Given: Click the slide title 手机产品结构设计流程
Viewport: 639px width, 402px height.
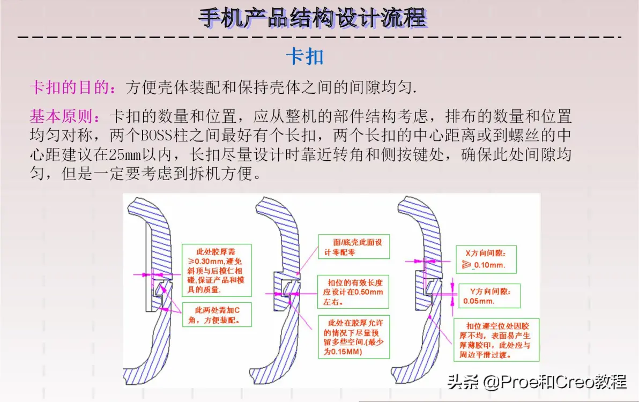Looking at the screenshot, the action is pyautogui.click(x=313, y=18).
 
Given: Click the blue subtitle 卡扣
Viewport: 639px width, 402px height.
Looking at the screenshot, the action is pyautogui.click(x=305, y=56).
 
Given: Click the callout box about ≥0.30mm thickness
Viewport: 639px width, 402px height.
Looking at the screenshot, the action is pyautogui.click(x=217, y=271).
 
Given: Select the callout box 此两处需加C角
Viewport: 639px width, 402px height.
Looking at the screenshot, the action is pyautogui.click(x=217, y=315).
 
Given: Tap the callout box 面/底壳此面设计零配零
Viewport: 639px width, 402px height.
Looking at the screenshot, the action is pyautogui.click(x=354, y=247).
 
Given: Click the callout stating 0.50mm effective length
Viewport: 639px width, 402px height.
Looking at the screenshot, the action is pyautogui.click(x=353, y=292).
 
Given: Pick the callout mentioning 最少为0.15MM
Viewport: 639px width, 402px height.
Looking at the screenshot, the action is pyautogui.click(x=354, y=337).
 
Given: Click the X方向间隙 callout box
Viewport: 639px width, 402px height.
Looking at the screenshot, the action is pyautogui.click(x=486, y=259).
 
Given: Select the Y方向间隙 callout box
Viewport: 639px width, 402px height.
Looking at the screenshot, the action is pyautogui.click(x=489, y=296).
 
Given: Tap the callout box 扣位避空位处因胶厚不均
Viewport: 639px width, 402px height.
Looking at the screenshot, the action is pyautogui.click(x=496, y=340).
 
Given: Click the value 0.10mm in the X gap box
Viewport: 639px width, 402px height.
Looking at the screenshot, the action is pyautogui.click(x=489, y=265).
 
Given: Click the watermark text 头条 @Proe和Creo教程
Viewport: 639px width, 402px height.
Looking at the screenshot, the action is pyautogui.click(x=537, y=382).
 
